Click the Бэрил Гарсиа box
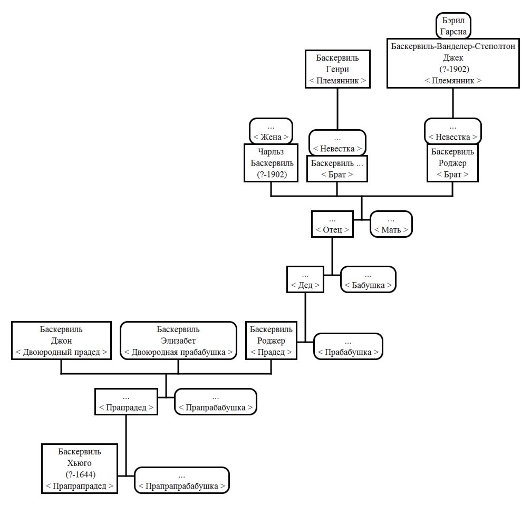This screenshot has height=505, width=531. [x=453, y=26]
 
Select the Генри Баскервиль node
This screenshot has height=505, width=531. [x=337, y=69]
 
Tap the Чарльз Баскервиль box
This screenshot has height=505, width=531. [x=271, y=163]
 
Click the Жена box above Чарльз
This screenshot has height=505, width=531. [x=271, y=131]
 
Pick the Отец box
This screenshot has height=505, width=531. [x=332, y=224]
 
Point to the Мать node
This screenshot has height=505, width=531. [x=391, y=224]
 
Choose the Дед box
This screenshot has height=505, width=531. [x=305, y=279]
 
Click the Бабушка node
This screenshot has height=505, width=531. [x=368, y=279]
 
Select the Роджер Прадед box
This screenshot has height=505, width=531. [x=271, y=341]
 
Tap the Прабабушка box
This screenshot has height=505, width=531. [x=348, y=346]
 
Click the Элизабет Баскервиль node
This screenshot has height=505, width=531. [x=178, y=341]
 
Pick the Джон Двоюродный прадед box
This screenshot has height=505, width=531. [x=61, y=341]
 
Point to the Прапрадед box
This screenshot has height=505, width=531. [x=126, y=402]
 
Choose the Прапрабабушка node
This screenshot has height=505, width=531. [x=215, y=402]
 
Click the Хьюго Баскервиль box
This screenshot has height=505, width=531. [x=80, y=469]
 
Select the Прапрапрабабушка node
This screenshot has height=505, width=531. [x=182, y=480]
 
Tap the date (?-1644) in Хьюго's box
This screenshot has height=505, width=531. [x=81, y=474]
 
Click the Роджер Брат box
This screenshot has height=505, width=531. [x=452, y=163]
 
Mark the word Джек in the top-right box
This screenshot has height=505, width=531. [x=453, y=58]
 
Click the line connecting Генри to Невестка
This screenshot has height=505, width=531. [x=337, y=109]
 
